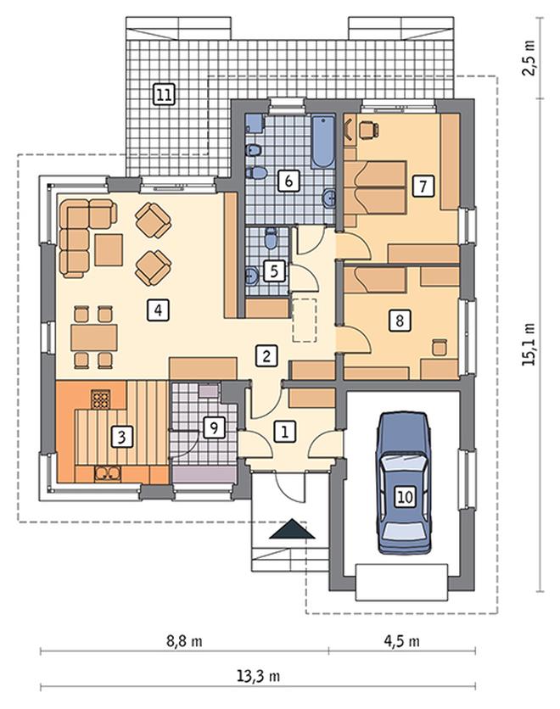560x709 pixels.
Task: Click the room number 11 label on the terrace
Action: tap(164, 94)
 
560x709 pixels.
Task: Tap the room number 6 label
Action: tap(288, 181)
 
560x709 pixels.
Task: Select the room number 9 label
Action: tap(214, 427)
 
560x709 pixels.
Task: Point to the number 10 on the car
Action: tap(405, 496)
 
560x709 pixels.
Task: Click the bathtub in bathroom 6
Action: tap(323, 142)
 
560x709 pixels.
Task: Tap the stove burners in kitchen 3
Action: tap(100, 399)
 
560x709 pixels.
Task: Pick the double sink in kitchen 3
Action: tap(108, 473)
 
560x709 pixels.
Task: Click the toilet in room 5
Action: tap(271, 238)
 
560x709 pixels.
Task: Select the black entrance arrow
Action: tap(292, 528)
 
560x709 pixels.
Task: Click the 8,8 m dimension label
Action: tap(184, 640)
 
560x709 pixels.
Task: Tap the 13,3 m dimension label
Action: tap(258, 676)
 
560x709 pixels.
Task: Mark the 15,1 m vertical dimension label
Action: tap(529, 344)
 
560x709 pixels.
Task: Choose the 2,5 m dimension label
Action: tap(529, 59)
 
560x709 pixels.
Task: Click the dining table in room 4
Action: tap(94, 337)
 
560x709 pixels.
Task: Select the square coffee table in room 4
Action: tap(109, 250)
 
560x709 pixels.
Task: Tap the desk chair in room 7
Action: tap(367, 129)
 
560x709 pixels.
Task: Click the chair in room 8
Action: tap(440, 347)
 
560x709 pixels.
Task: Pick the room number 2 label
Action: tap(266, 355)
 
